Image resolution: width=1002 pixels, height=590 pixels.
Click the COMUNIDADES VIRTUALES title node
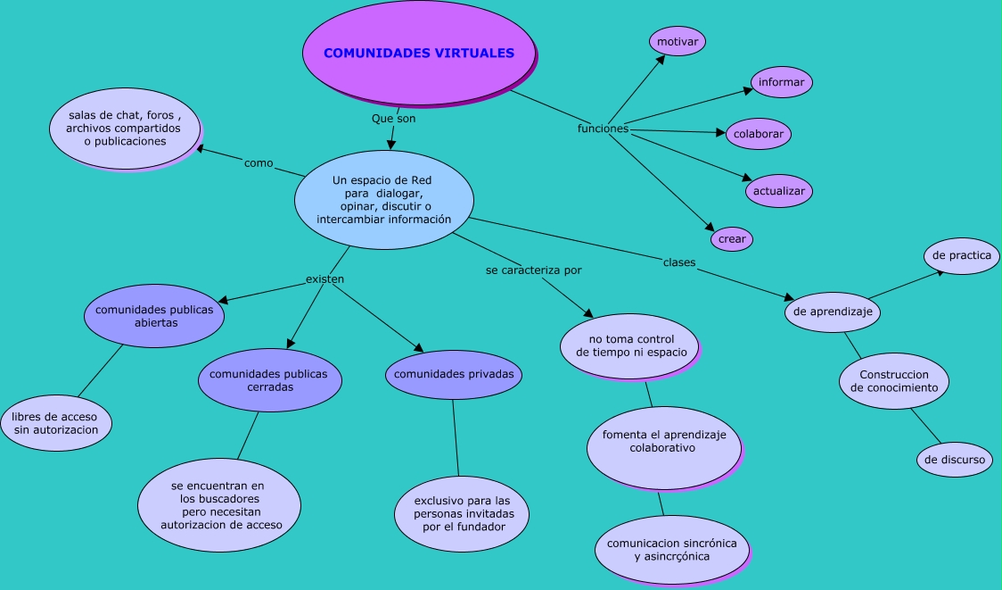pyautogui.click(x=419, y=54)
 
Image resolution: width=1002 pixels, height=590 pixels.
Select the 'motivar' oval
pyautogui.click(x=678, y=41)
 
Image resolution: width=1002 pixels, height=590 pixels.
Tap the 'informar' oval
pyautogui.click(x=782, y=82)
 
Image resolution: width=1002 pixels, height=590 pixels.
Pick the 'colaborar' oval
pyautogui.click(x=758, y=134)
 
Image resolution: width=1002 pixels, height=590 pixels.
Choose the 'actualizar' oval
pyautogui.click(x=779, y=191)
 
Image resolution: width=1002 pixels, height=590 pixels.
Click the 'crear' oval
pyautogui.click(x=732, y=239)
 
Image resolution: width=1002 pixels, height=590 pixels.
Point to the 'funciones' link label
pyautogui.click(x=603, y=129)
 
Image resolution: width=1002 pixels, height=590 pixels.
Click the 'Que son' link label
pyautogui.click(x=393, y=118)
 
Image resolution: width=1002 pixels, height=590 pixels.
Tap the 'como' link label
pyautogui.click(x=259, y=163)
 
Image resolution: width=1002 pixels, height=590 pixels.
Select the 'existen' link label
pyautogui.click(x=324, y=278)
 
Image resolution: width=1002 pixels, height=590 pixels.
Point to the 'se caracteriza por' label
pyautogui.click(x=533, y=270)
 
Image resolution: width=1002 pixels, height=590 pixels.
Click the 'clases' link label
pyautogui.click(x=679, y=262)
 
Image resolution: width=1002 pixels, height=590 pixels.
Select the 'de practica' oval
pyautogui.click(x=962, y=255)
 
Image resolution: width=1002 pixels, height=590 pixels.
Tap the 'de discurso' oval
pyautogui.click(x=955, y=460)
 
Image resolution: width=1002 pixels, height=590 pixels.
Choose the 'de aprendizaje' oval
pyautogui.click(x=834, y=312)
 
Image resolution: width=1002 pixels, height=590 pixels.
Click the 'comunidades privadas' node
pyautogui.click(x=454, y=374)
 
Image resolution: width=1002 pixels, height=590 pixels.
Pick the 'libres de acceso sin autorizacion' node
pyautogui.click(x=56, y=423)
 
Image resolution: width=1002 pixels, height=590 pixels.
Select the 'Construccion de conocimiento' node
pyautogui.click(x=894, y=381)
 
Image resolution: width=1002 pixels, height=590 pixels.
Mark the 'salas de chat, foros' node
pyautogui.click(x=125, y=128)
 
